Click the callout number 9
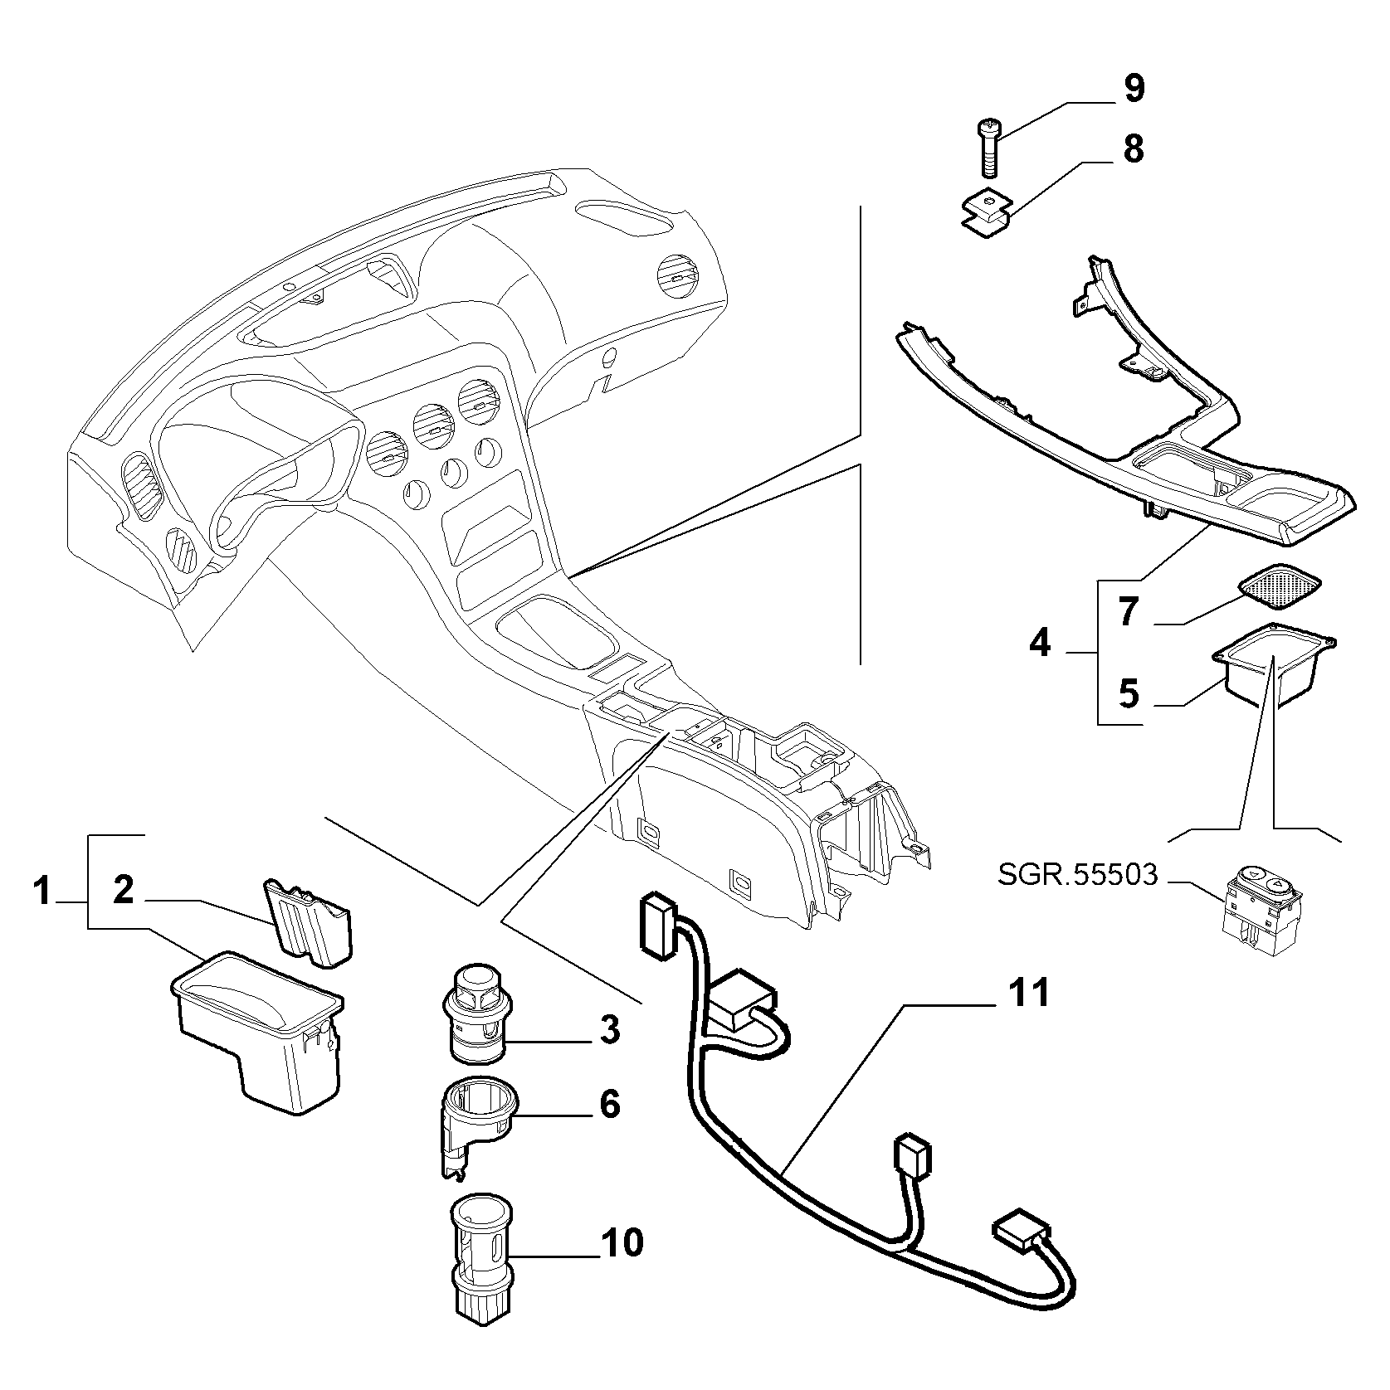(1133, 88)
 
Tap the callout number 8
(1133, 149)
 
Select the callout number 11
(1029, 993)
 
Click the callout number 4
(1040, 643)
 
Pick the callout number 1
(41, 892)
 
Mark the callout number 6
(609, 1104)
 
